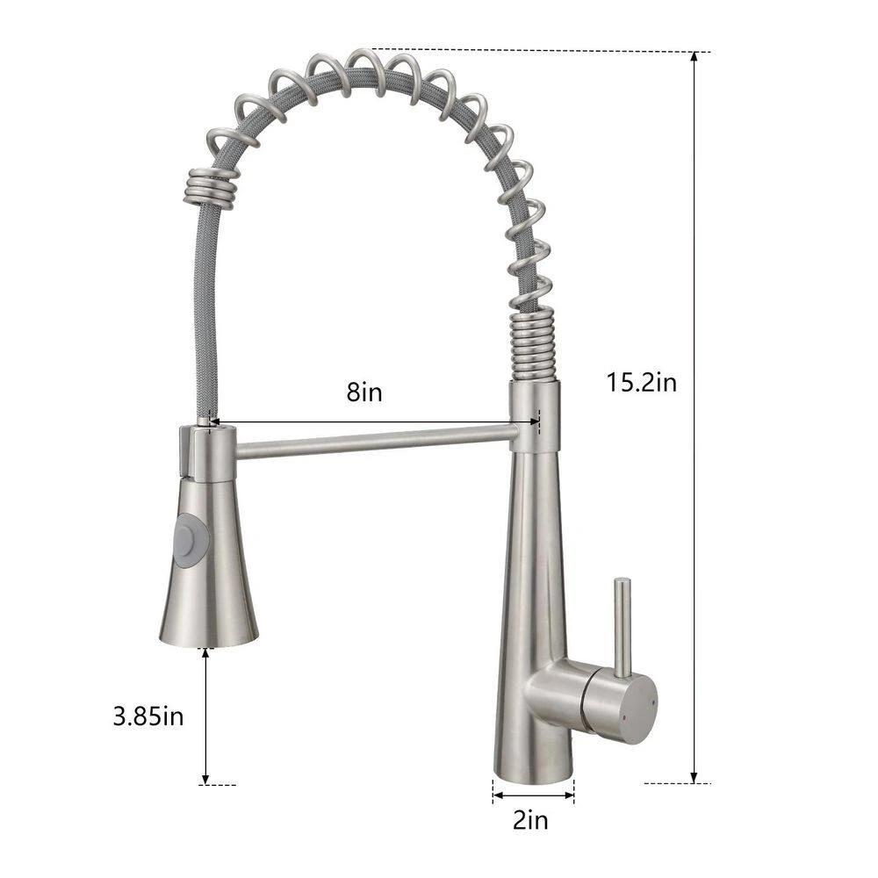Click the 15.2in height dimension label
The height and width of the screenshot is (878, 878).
pos(642,383)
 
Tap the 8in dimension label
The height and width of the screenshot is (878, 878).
pos(364,392)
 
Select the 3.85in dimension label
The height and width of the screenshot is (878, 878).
pos(148,716)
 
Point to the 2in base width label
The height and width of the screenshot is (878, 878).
pos(531,821)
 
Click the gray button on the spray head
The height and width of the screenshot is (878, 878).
pos(191,539)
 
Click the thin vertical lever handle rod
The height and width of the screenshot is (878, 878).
pos(623,626)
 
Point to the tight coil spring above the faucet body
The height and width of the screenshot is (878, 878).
pos(534,344)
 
